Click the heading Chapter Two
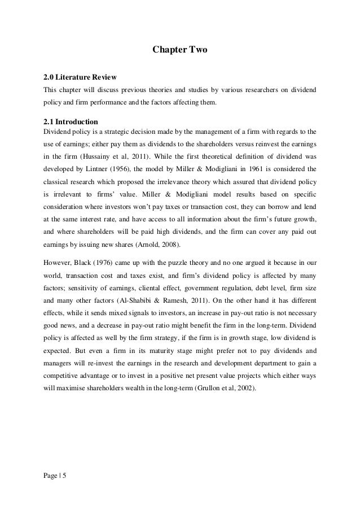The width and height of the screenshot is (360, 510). (x=180, y=50)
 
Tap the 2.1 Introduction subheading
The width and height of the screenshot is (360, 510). (x=71, y=121)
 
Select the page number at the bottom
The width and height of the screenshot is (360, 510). (x=55, y=473)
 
